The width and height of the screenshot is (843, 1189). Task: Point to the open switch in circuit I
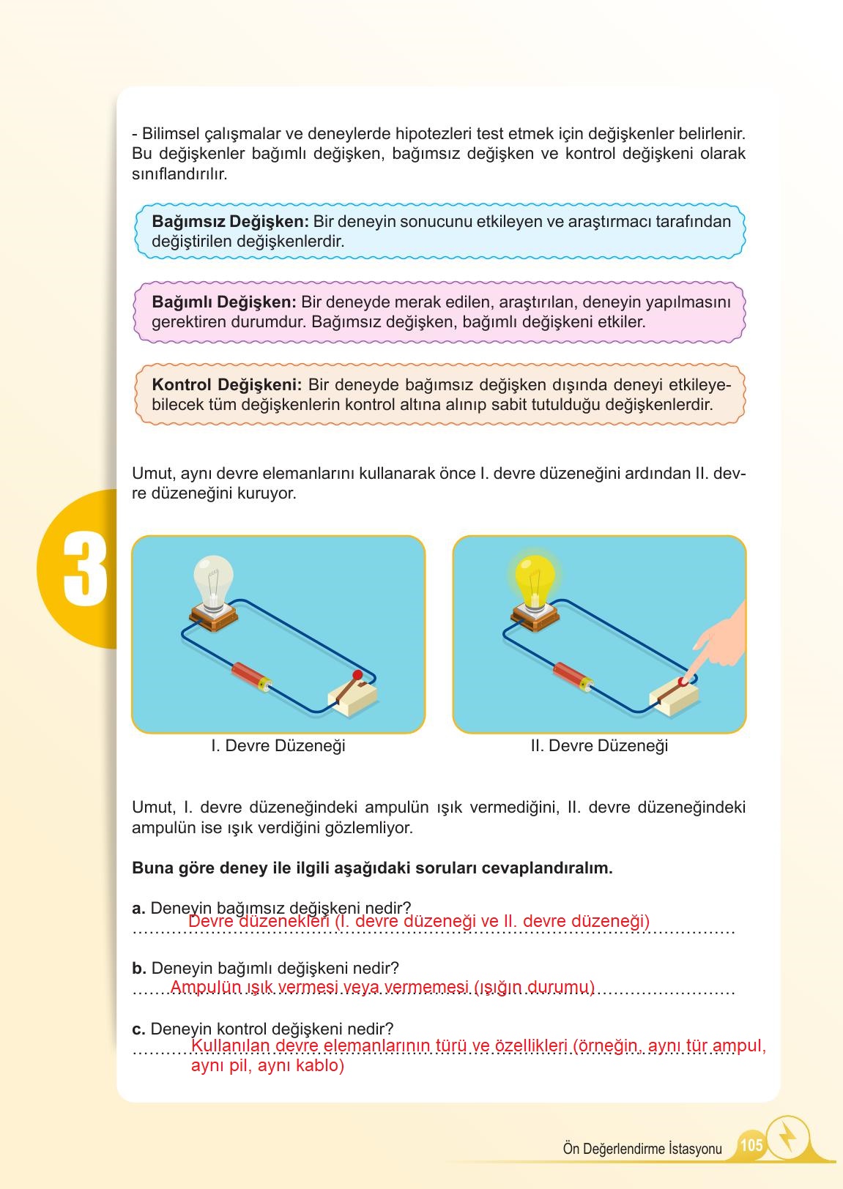[x=354, y=692]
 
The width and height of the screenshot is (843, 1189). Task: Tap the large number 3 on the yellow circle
[x=85, y=569]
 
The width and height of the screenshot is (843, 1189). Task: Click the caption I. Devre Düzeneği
[x=278, y=746]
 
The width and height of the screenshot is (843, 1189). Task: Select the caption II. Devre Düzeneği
[x=599, y=746]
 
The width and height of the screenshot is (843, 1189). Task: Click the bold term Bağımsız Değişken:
[x=231, y=221]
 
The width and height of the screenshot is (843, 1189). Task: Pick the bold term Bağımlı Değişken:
[x=223, y=302]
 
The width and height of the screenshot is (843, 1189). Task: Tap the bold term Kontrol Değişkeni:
[x=226, y=384]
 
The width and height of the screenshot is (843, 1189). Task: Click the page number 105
[x=751, y=1144]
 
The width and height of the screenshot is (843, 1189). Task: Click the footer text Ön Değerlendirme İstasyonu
[x=642, y=1149]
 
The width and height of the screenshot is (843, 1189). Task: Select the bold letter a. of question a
[x=139, y=909]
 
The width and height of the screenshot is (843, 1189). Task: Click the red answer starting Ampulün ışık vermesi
[x=382, y=987]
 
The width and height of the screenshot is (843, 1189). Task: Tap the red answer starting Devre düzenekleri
[x=418, y=921]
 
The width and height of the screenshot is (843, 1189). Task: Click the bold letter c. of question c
[x=139, y=1029]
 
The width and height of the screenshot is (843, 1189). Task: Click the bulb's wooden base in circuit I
[x=212, y=617]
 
